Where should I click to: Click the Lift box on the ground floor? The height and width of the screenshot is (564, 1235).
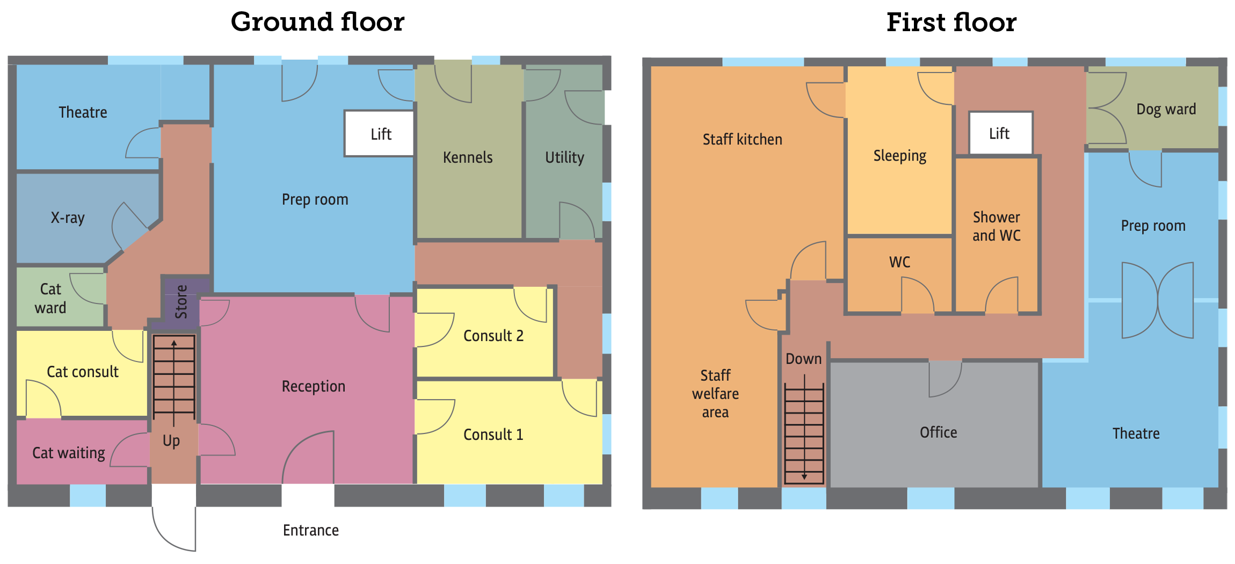380,134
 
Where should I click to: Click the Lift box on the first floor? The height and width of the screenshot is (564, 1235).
1000,133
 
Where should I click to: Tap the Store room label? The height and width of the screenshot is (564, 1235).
181,302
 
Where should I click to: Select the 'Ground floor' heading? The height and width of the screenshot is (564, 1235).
317,23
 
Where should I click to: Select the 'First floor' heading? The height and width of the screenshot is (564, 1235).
951,23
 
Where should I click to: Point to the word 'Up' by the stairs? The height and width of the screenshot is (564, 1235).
171,441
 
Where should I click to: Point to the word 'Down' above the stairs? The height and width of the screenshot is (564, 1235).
804,359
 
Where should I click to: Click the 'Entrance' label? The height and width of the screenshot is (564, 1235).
311,531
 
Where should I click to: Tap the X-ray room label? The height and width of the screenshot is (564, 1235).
68,218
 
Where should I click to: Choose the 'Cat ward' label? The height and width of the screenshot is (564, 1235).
51,298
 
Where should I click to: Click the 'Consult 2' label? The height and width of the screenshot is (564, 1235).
493,336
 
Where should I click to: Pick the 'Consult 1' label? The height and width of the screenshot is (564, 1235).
493,435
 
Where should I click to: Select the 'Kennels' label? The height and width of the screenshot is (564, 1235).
468,157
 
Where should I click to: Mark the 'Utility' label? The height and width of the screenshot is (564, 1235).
564,157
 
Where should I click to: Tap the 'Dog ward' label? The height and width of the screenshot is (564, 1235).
1166,109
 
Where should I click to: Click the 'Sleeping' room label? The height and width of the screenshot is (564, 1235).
900,156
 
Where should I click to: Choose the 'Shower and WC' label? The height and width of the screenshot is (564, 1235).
997,226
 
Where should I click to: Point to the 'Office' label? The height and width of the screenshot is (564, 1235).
938,432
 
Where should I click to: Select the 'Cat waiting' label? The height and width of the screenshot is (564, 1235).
69,453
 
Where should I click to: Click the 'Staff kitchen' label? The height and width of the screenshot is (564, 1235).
743,140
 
